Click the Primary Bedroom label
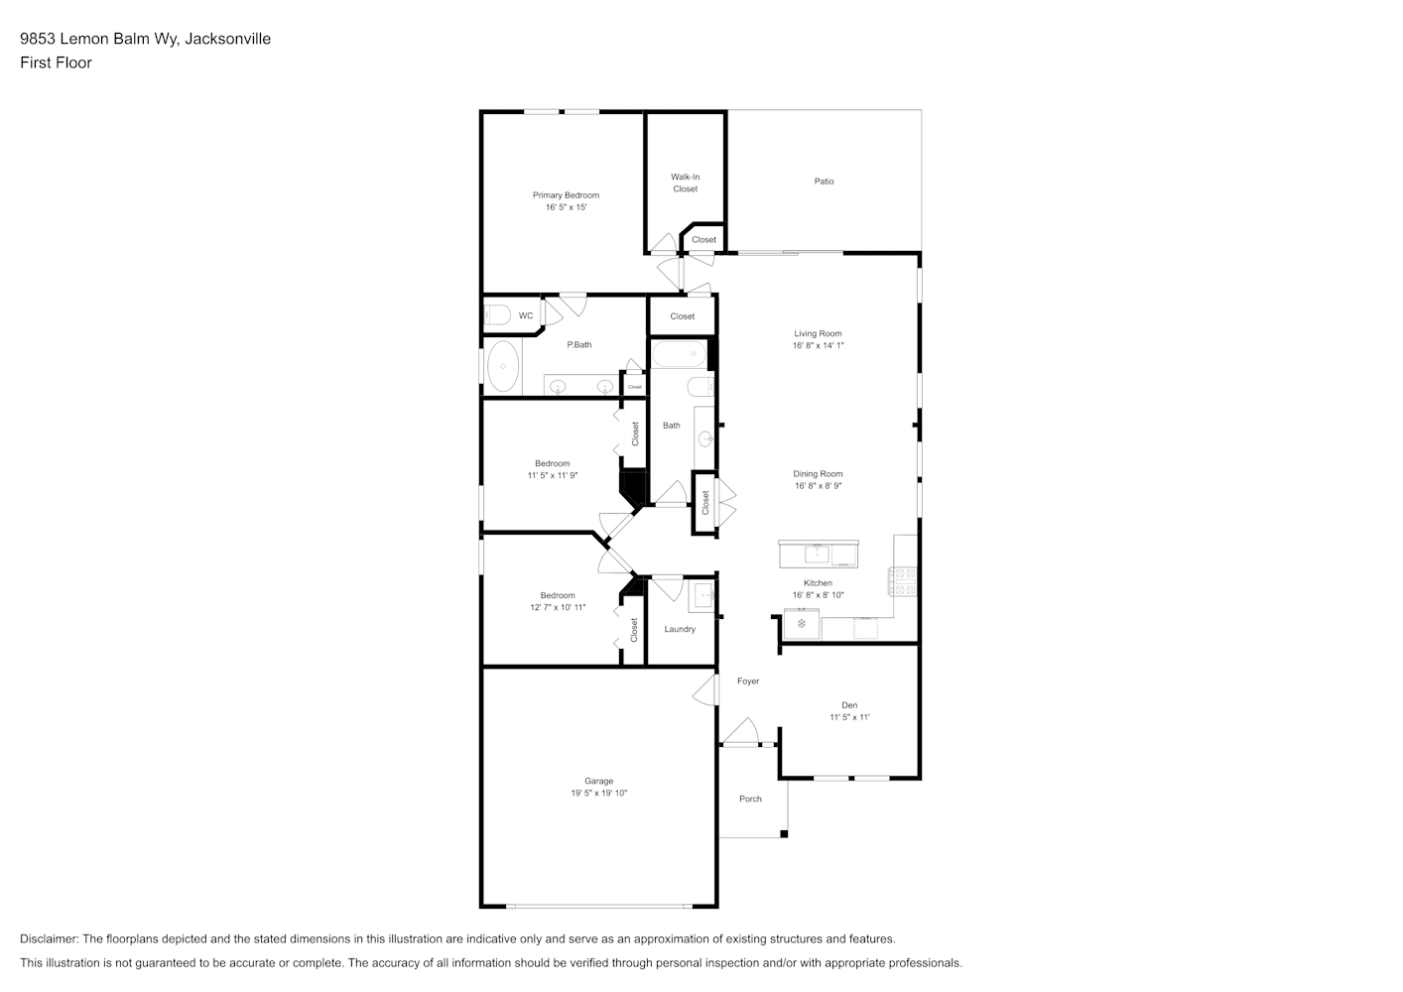point(566,194)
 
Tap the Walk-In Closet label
point(686,183)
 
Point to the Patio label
point(824,181)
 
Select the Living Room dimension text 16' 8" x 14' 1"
point(818,345)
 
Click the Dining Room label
point(818,474)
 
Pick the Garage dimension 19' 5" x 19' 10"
point(598,793)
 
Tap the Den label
point(849,705)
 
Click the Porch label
point(750,799)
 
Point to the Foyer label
point(748,681)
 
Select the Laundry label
point(680,629)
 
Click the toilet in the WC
point(497,314)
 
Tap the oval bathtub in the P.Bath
point(503,366)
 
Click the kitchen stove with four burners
point(902,581)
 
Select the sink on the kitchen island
point(817,555)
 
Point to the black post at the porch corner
point(784,833)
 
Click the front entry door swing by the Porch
point(740,731)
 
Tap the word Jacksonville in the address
point(227,39)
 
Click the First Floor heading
point(56,62)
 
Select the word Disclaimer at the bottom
point(50,938)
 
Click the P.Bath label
point(578,344)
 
